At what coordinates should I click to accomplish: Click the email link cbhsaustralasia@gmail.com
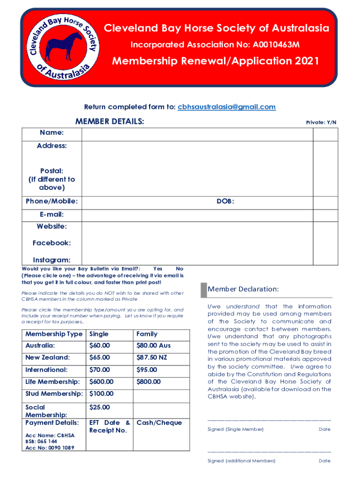click(227, 107)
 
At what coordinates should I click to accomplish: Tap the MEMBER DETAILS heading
click(109, 122)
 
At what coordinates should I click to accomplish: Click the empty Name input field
click(196, 134)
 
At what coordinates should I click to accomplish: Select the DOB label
click(225, 202)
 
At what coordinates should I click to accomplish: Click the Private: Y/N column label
click(321, 122)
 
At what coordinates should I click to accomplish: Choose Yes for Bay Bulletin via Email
click(158, 269)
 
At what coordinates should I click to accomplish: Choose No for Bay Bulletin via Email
click(180, 269)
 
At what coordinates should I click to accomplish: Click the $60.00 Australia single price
click(100, 346)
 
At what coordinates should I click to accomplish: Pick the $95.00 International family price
click(146, 370)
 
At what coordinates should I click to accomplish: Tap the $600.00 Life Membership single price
click(101, 382)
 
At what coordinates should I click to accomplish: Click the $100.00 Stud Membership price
click(101, 394)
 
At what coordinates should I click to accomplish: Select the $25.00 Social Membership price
click(100, 407)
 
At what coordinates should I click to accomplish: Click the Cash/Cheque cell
click(159, 423)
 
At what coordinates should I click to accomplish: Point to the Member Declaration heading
click(243, 290)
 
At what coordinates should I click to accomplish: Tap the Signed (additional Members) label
click(241, 461)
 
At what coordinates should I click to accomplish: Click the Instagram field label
click(51, 260)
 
